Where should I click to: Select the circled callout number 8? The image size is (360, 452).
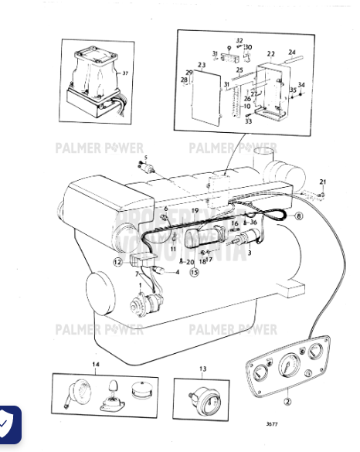tap(298, 216)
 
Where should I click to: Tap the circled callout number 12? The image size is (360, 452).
tap(117, 262)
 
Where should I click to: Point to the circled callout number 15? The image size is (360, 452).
tap(194, 272)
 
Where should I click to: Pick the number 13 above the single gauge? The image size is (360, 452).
tap(203, 369)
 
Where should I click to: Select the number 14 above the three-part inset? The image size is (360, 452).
tap(96, 363)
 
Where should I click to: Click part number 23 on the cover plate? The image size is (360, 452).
tap(201, 65)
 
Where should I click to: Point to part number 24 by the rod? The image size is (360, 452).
tap(291, 53)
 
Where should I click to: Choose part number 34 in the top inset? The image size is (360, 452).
tap(301, 85)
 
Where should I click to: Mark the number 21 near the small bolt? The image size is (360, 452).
tap(323, 182)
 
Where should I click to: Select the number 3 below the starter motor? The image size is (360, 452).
tap(248, 253)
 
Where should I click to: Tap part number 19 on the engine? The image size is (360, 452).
tap(196, 211)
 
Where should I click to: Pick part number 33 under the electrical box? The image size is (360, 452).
tap(248, 121)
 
